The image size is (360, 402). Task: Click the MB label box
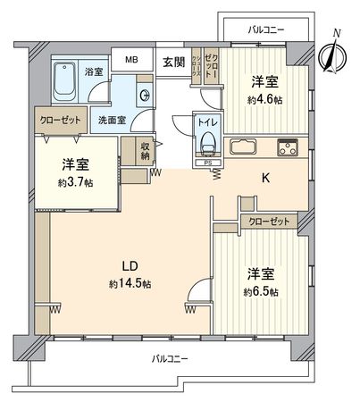click(x=131, y=60)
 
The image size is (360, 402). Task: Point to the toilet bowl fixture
click(x=208, y=141)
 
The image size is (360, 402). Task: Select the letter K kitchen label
click(x=264, y=178)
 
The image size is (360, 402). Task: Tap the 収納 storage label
click(x=146, y=152)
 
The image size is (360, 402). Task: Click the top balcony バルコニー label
click(x=265, y=29)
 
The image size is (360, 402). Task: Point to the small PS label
click(x=206, y=163)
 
